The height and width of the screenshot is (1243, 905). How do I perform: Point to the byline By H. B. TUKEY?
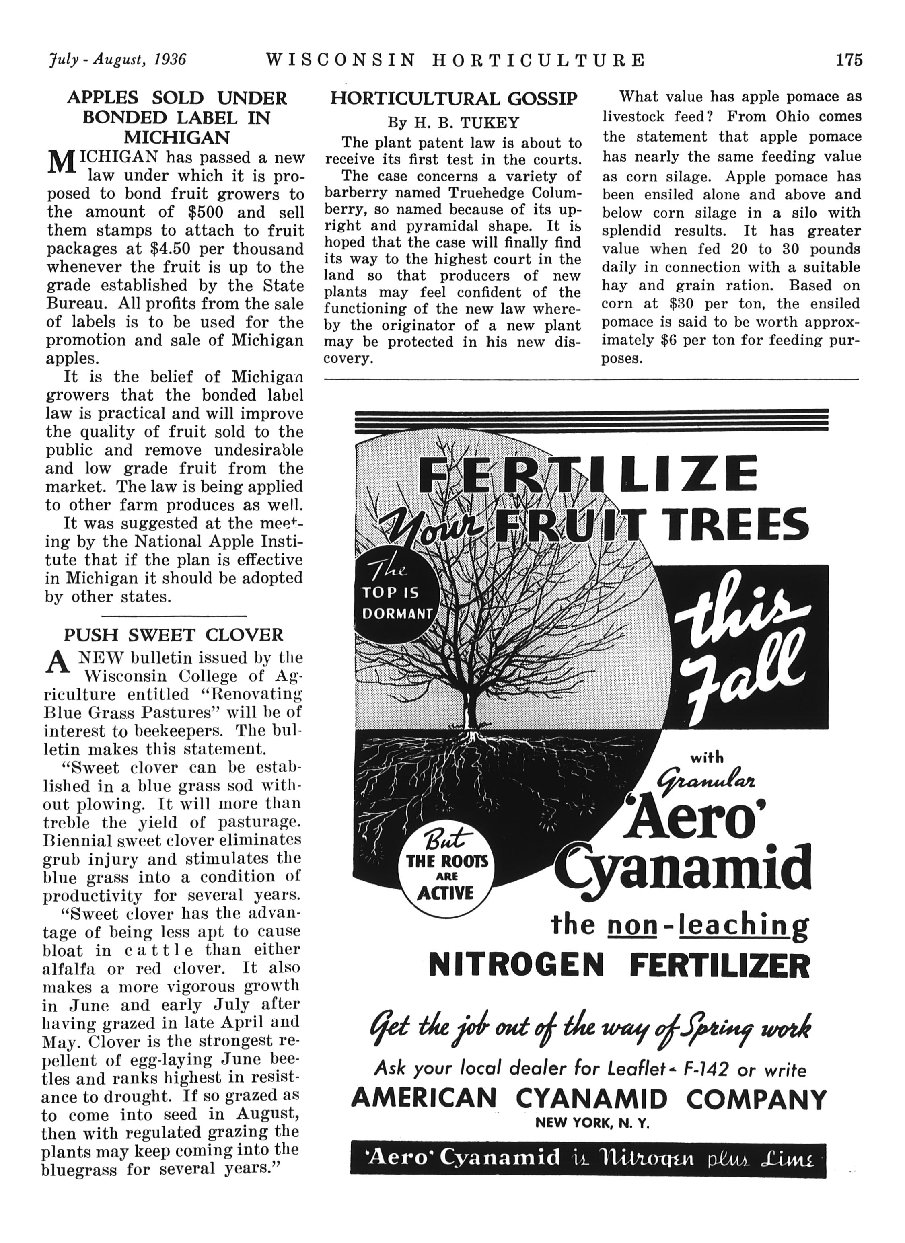(x=453, y=122)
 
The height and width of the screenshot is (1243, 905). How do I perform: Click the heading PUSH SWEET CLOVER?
(x=174, y=635)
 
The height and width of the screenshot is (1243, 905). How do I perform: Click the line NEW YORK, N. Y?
(x=592, y=1123)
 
